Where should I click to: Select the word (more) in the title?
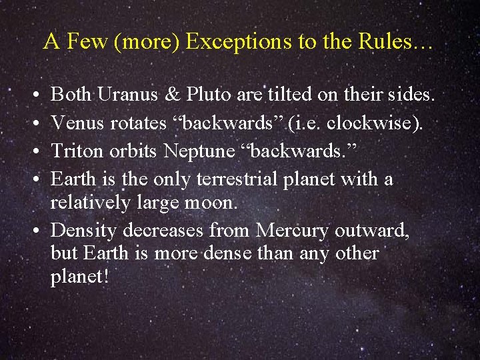[147, 42]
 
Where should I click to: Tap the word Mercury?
[293, 230]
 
